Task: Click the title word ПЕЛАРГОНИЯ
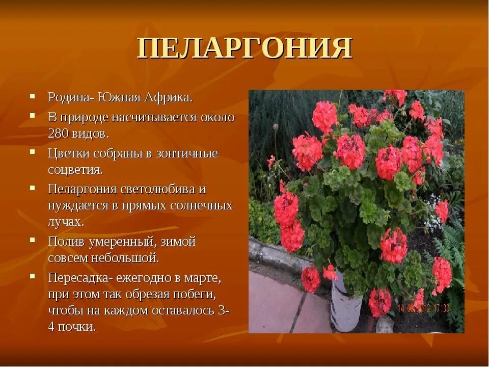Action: (x=244, y=49)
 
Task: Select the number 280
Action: (x=59, y=134)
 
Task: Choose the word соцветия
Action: (x=75, y=170)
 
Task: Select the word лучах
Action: (x=66, y=223)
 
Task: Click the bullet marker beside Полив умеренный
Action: (x=32, y=239)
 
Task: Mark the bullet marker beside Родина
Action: (x=32, y=95)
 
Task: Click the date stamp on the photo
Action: (x=431, y=308)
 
